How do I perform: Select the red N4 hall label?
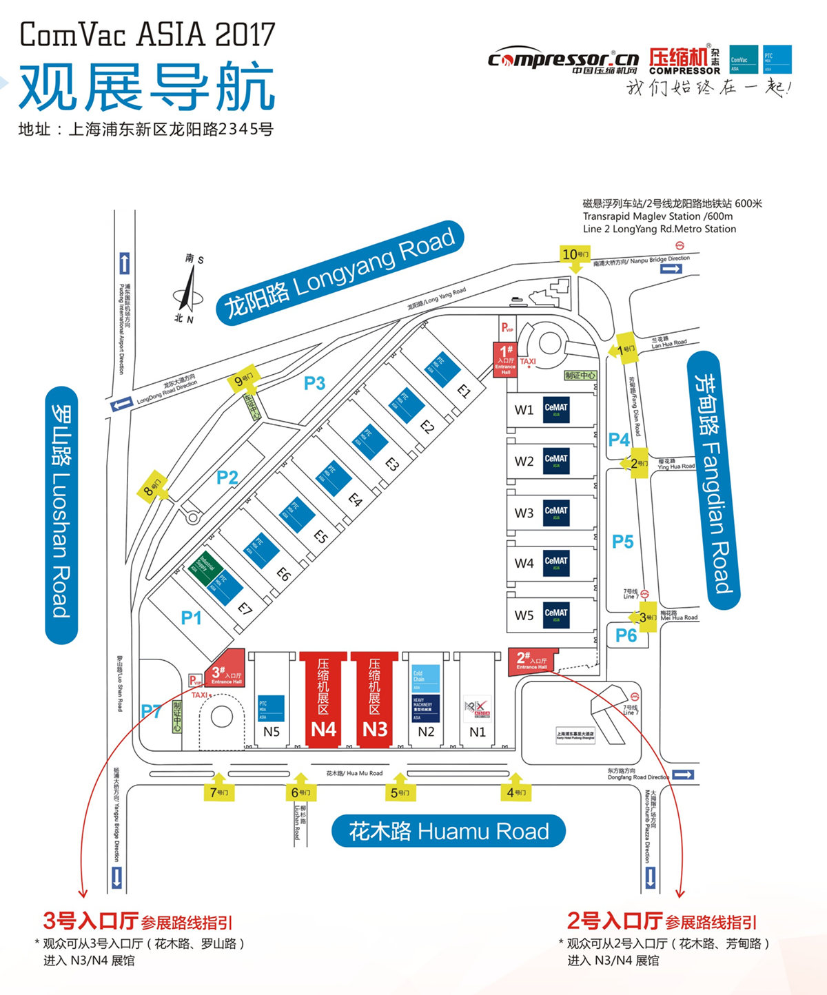(x=323, y=729)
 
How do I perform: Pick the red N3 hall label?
(x=375, y=729)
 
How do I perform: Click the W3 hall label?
(x=524, y=513)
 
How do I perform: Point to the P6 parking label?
(x=626, y=635)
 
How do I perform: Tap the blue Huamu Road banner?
(x=449, y=832)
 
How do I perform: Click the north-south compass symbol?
(x=187, y=290)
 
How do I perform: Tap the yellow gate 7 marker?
(x=218, y=792)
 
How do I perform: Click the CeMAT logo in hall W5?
(x=556, y=613)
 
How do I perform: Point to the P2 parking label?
(x=227, y=477)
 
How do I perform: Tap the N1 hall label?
(x=478, y=732)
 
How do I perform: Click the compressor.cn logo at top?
(x=564, y=61)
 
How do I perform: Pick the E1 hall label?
(x=464, y=391)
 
